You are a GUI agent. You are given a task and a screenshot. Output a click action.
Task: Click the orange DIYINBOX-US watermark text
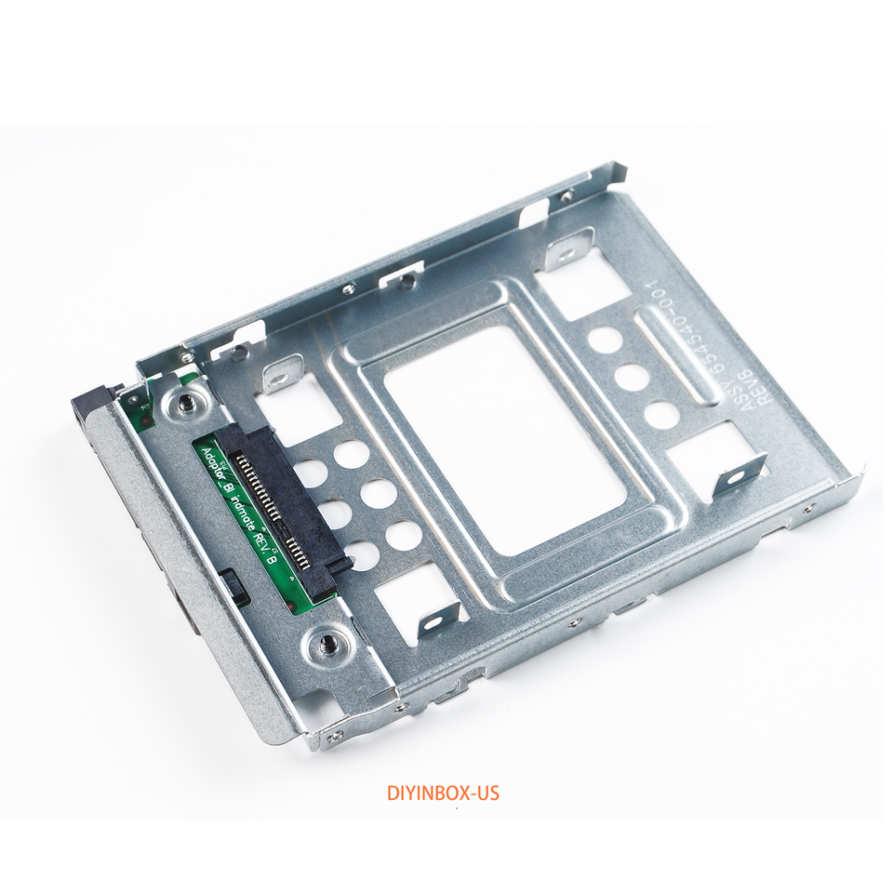coord(443,793)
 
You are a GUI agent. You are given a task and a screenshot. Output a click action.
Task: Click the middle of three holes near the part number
coord(633,377)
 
